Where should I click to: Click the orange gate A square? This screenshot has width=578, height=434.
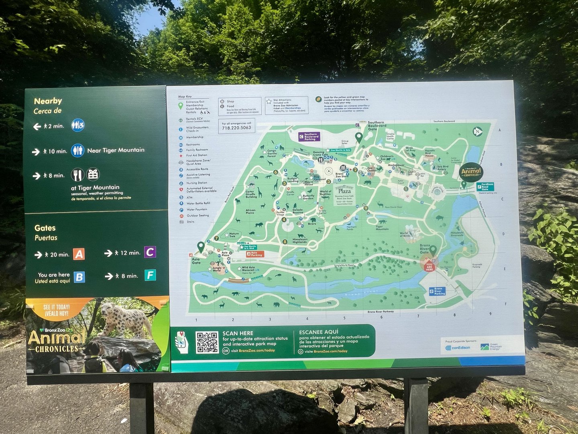click(x=79, y=254)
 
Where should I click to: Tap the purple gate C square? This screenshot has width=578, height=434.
click(x=150, y=252)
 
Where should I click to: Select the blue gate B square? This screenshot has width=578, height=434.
click(x=79, y=277)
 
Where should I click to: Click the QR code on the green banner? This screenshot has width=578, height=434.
click(x=207, y=342)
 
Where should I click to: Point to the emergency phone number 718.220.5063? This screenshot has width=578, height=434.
click(x=236, y=128)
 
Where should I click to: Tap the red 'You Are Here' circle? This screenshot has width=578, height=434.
click(x=429, y=266)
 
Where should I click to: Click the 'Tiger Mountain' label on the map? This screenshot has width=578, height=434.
click(x=382, y=228)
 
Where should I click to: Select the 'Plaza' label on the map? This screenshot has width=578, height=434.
click(x=344, y=191)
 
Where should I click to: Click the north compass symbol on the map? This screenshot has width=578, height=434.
click(x=477, y=131)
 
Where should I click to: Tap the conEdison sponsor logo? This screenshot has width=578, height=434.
click(x=458, y=348)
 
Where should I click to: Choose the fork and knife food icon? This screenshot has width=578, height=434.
click(x=77, y=174)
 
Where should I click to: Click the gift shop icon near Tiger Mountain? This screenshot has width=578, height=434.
click(x=93, y=174)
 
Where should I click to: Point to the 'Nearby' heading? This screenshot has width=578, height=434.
click(x=48, y=101)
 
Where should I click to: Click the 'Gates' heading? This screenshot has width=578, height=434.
click(x=45, y=228)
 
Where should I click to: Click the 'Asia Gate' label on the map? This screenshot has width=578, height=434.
click(x=196, y=261)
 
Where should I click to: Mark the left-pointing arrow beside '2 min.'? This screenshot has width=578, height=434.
click(x=37, y=127)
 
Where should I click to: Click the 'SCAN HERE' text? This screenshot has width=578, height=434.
click(x=238, y=333)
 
